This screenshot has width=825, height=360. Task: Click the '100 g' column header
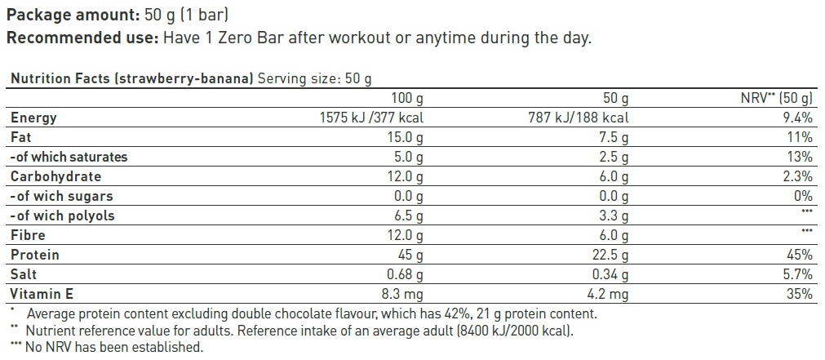tap(407, 98)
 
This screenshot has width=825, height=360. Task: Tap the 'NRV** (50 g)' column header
tap(775, 98)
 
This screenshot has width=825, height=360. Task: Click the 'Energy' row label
tap(33, 118)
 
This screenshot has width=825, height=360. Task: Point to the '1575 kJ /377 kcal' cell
tap(373, 118)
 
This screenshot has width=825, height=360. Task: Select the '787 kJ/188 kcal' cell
tap(578, 118)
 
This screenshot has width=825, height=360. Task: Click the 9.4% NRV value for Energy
tap(797, 118)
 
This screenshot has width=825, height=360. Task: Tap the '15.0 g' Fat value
tap(405, 137)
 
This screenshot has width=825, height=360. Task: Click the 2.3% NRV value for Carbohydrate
tap(797, 176)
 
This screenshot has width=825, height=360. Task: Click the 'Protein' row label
tap(34, 255)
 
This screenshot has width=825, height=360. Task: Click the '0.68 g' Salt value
tap(403, 274)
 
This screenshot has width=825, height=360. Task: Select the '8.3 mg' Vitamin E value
tap(400, 294)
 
